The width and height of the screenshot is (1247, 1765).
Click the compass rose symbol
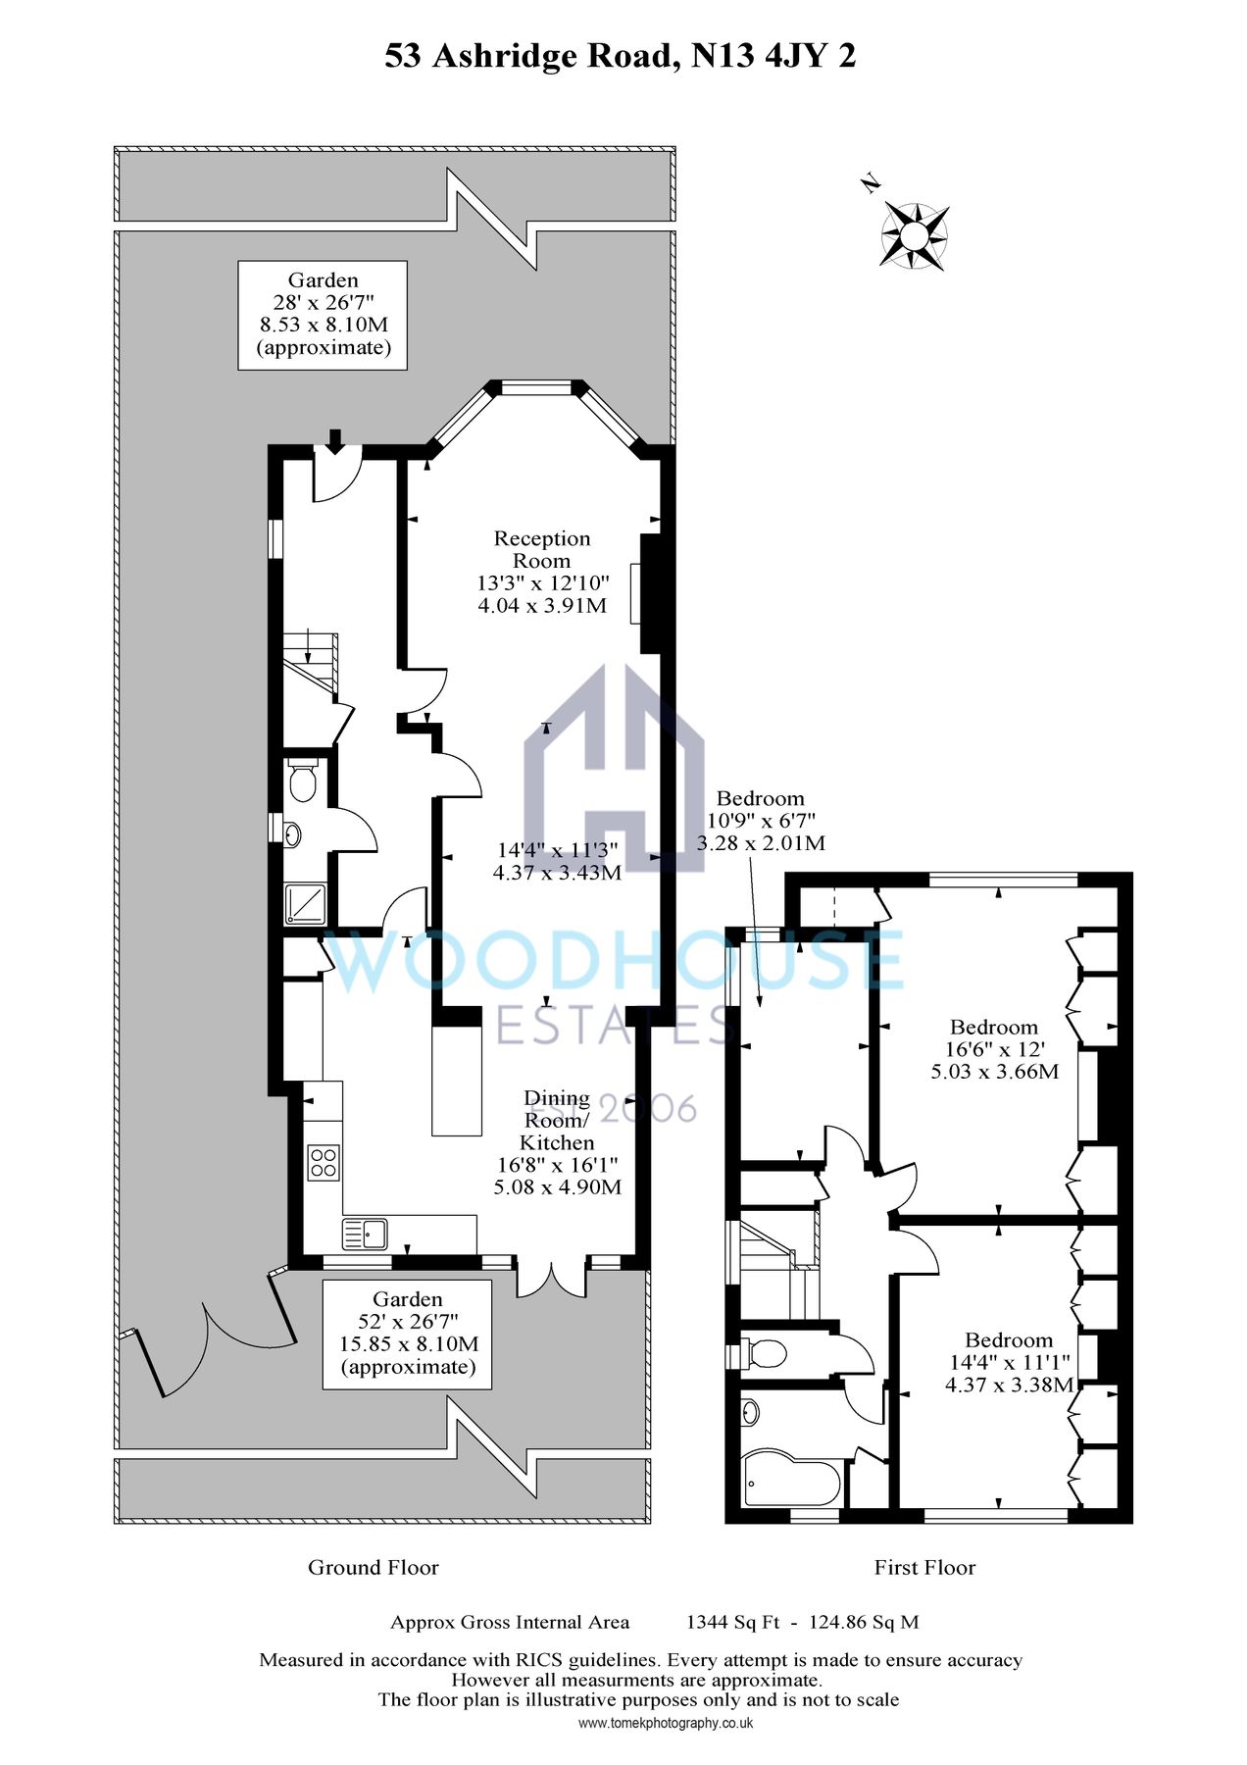coord(914,235)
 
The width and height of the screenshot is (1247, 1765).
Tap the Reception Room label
coord(542,549)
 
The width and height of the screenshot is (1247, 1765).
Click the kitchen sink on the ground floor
coord(365,1233)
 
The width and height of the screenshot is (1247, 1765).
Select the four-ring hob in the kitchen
coord(324,1162)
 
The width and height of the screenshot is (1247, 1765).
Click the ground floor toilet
coord(304,781)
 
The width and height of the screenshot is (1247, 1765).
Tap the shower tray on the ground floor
coord(305,903)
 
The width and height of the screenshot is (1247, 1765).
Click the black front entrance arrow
coord(335,441)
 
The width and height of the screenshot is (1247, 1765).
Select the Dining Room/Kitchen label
coord(557,1120)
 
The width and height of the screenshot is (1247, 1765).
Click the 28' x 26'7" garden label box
coord(323,315)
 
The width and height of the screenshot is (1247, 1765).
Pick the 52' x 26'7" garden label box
coord(408,1334)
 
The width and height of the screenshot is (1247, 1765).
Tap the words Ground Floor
coord(373,1567)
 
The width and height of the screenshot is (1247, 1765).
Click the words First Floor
coord(924,1567)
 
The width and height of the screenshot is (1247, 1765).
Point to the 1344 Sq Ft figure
coord(732,1622)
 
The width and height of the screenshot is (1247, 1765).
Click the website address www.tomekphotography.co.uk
coord(665,1723)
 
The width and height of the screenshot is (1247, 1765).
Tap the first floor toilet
coord(765,1354)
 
